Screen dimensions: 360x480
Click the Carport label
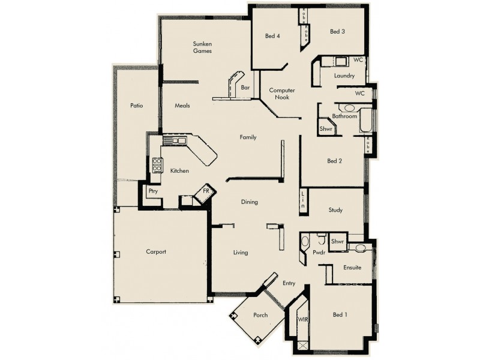tap(155, 252)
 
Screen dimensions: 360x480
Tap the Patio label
tap(136, 106)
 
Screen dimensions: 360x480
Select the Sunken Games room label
tap(203, 47)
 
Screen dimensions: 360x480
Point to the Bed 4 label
tap(272, 36)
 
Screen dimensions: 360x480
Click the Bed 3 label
tap(337, 32)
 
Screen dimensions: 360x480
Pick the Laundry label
tap(344, 76)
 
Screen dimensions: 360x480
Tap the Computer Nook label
tap(281, 93)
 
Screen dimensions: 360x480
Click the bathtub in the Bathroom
tap(365, 121)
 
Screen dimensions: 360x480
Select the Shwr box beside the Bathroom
tap(326, 128)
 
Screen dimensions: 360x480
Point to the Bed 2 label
tap(334, 161)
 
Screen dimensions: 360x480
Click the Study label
tap(335, 210)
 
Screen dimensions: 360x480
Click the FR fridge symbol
tap(206, 191)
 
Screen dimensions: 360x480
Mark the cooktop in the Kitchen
tap(157, 165)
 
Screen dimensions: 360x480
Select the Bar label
tap(245, 88)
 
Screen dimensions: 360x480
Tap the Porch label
tap(260, 315)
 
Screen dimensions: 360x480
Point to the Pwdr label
tap(319, 253)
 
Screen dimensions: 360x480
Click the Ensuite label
tap(352, 268)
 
